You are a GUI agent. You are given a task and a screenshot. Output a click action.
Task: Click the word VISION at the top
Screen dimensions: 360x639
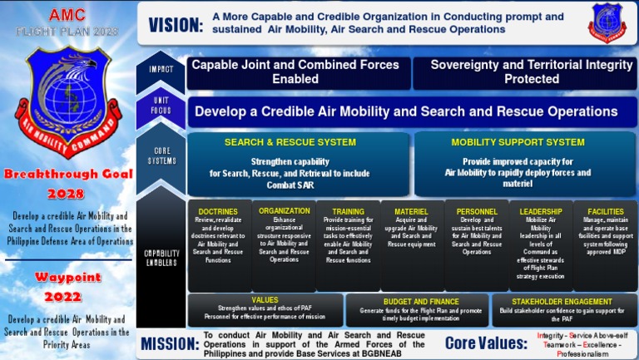tap(176, 25)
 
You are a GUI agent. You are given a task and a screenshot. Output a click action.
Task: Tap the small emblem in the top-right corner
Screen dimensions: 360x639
tap(607, 22)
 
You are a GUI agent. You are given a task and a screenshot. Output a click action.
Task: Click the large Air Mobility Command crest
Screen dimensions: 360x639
tap(67, 103)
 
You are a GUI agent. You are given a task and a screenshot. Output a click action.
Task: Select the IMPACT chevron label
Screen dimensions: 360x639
tap(161, 70)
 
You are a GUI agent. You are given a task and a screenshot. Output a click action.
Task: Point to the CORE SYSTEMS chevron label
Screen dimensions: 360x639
tap(161, 155)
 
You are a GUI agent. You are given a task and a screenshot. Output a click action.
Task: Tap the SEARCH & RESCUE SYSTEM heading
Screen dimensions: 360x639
tap(290, 142)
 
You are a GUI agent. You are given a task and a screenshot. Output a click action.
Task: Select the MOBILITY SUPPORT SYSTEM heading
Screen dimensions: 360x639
tap(518, 142)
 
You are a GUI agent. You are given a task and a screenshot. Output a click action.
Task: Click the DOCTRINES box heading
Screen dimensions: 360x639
tap(219, 212)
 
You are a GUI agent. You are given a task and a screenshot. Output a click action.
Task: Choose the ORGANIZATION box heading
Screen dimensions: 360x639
tap(284, 211)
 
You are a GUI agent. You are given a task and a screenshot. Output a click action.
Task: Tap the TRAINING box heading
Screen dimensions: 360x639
tap(348, 212)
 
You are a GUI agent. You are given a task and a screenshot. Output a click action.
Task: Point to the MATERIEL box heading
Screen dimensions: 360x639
tap(411, 212)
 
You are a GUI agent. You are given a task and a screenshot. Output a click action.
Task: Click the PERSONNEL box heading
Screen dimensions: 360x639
tap(477, 212)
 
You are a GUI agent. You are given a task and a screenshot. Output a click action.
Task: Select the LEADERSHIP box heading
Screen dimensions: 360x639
tap(541, 212)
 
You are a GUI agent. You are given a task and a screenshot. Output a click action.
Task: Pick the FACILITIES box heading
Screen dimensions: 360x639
tap(606, 212)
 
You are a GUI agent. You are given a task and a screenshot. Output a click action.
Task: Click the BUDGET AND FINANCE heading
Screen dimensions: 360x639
tap(421, 302)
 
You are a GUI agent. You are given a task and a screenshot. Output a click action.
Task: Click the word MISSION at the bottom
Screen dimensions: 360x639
tap(169, 343)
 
